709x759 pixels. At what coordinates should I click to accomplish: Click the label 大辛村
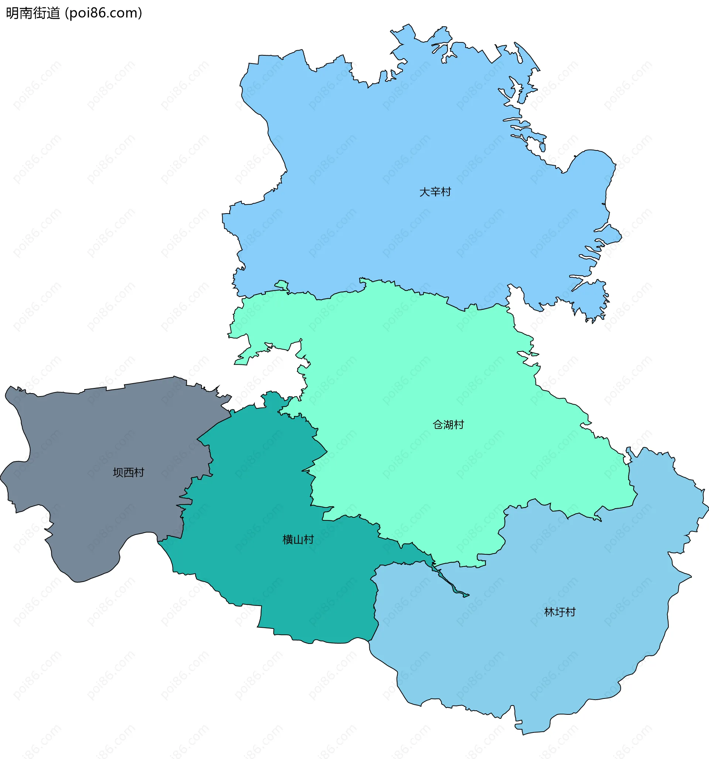click(435, 192)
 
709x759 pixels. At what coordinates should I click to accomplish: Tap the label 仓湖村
click(448, 424)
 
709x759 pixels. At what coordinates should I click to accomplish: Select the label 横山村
click(298, 540)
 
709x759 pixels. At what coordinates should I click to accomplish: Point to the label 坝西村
click(129, 473)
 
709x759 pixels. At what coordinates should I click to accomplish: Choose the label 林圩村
click(559, 612)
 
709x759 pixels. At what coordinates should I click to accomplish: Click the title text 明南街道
click(33, 13)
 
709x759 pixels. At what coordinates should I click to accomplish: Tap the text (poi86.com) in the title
click(103, 13)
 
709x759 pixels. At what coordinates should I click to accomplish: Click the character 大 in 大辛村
click(425, 192)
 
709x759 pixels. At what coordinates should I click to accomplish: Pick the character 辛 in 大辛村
click(435, 192)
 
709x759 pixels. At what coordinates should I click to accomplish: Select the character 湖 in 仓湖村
click(448, 424)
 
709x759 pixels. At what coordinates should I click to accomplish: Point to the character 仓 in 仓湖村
click(438, 424)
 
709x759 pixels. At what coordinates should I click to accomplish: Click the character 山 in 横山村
click(298, 540)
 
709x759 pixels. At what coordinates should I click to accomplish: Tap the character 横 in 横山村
click(287, 540)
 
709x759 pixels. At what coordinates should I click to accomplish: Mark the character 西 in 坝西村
click(129, 473)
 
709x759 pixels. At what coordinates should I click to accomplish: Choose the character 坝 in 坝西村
click(118, 473)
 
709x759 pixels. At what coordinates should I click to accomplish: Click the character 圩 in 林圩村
click(560, 612)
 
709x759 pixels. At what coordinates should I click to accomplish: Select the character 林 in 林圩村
click(549, 612)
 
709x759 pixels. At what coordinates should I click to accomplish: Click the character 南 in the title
click(26, 13)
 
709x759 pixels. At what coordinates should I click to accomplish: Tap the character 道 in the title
click(54, 13)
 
